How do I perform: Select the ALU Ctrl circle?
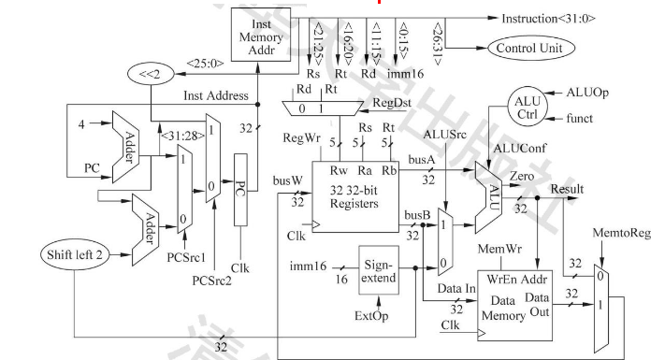click(532, 107)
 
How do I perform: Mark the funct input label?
click(586, 119)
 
